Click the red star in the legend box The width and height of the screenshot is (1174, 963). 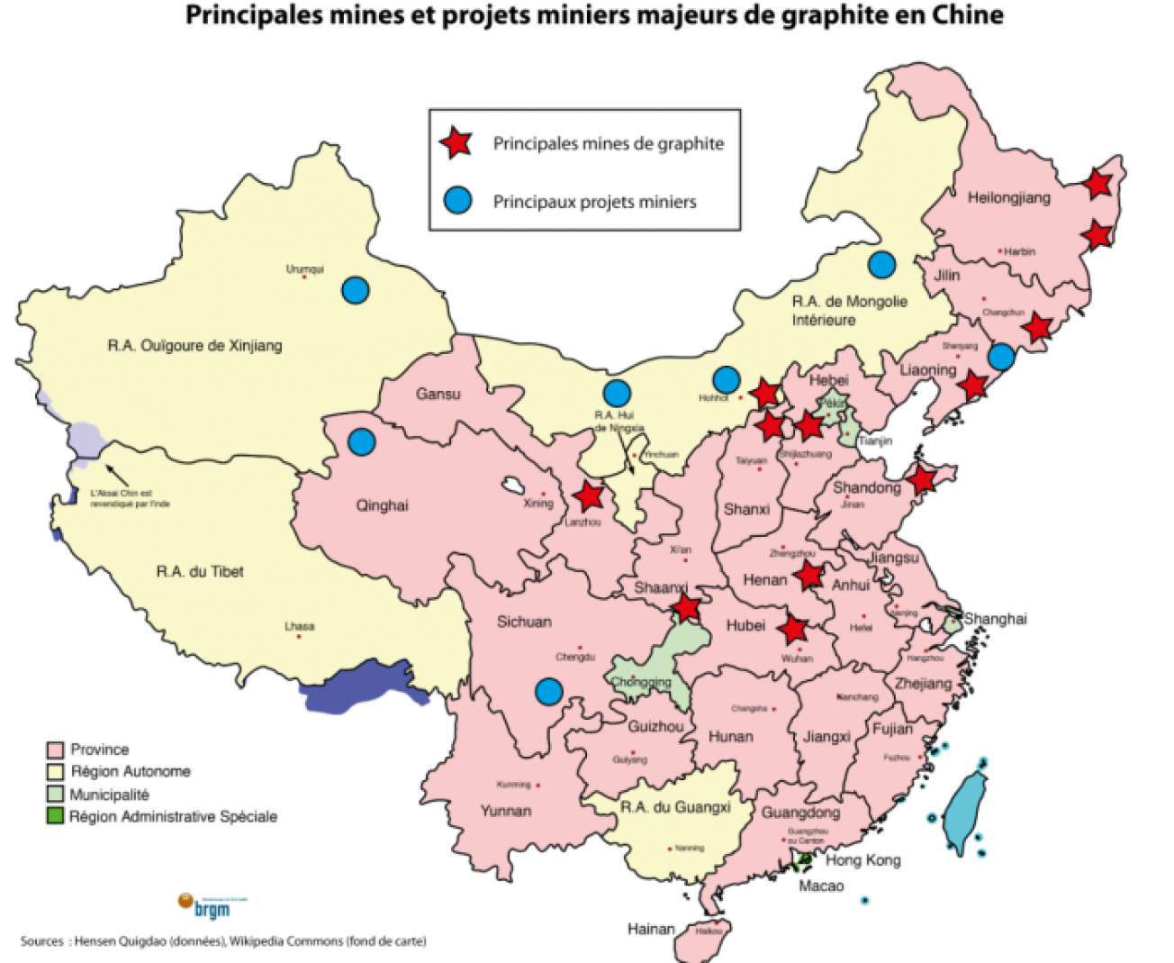pyautogui.click(x=456, y=142)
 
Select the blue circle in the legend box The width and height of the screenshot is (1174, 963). pyautogui.click(x=457, y=200)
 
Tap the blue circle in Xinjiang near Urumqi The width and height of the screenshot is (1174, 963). pyautogui.click(x=356, y=289)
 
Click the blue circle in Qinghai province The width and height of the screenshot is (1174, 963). pyautogui.click(x=362, y=441)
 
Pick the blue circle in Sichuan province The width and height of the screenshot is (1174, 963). pyautogui.click(x=548, y=691)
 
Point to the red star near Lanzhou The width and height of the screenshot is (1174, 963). pyautogui.click(x=589, y=495)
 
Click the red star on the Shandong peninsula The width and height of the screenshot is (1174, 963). pyautogui.click(x=921, y=479)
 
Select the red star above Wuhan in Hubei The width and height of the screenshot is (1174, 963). pyautogui.click(x=793, y=629)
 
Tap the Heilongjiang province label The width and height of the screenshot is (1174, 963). pyautogui.click(x=1008, y=197)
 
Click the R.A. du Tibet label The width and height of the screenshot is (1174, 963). pyautogui.click(x=199, y=571)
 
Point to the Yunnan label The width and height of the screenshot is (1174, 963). pyautogui.click(x=505, y=811)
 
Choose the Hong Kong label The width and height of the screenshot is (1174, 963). pyautogui.click(x=862, y=860)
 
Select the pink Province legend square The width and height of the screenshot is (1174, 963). pyautogui.click(x=55, y=750)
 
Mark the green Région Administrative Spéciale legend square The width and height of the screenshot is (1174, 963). pyautogui.click(x=55, y=816)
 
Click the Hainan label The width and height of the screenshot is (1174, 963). pyautogui.click(x=650, y=929)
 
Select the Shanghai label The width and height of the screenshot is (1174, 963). pyautogui.click(x=995, y=619)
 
